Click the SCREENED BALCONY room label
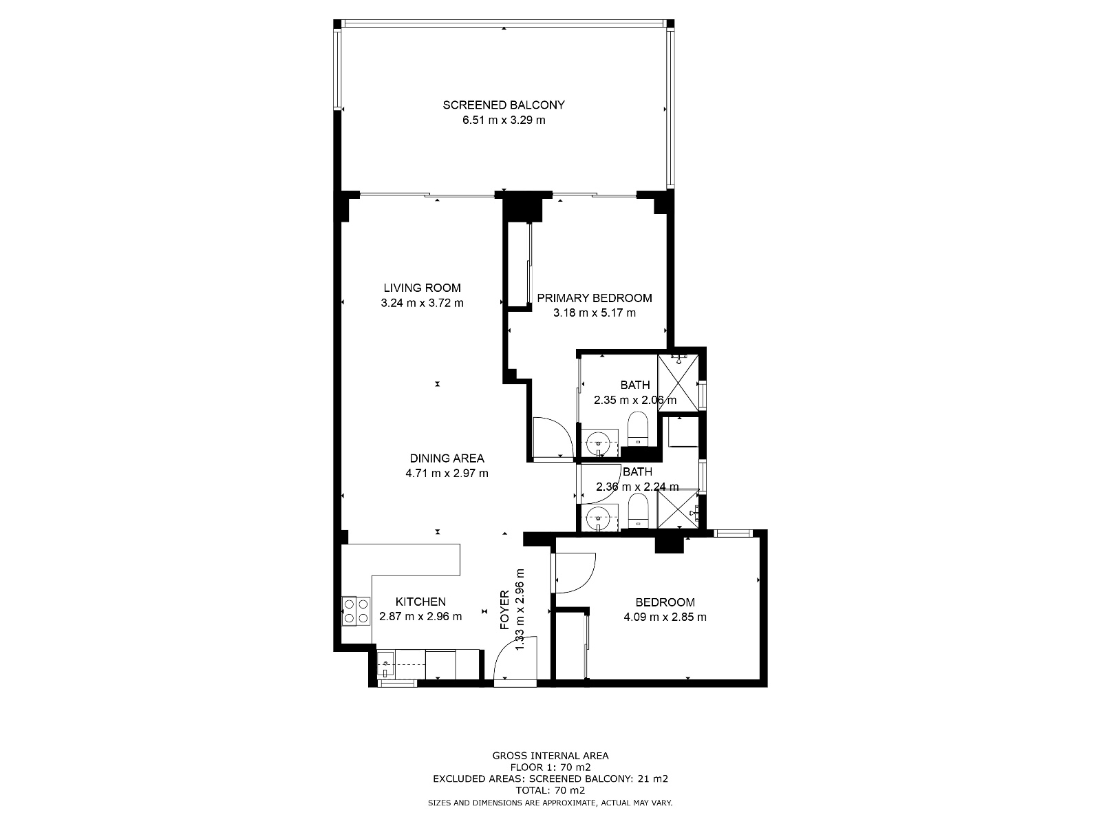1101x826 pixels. click(504, 105)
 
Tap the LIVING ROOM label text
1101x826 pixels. click(422, 288)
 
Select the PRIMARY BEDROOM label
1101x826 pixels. click(595, 298)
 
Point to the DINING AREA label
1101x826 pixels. click(447, 458)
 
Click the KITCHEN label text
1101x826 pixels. click(420, 602)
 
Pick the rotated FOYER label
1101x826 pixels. click(504, 617)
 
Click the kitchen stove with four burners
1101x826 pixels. click(356, 611)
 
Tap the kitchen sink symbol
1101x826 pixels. click(386, 665)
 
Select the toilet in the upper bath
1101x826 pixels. click(638, 429)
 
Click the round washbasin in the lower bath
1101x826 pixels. click(597, 516)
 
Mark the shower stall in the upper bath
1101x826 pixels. click(678, 383)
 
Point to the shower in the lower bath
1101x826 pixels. click(678, 509)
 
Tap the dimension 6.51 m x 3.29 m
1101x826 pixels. click(504, 120)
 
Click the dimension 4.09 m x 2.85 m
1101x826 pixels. click(665, 617)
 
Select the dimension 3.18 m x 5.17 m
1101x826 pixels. click(595, 313)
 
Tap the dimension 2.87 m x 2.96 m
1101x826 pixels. click(420, 617)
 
